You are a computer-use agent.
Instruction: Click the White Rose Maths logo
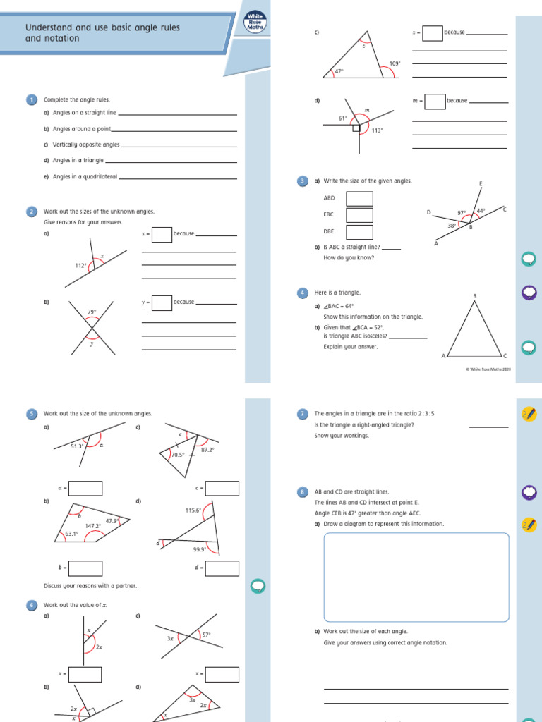pyautogui.click(x=253, y=23)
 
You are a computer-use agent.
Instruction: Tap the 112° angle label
pyautogui.click(x=80, y=266)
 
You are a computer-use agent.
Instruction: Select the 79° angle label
pyautogui.click(x=91, y=312)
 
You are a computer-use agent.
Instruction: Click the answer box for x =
pyautogui.click(x=162, y=234)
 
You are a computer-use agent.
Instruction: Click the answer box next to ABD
pyautogui.click(x=359, y=199)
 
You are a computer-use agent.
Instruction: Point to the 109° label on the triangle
pyautogui.click(x=395, y=63)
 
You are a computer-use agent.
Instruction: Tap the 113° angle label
pyautogui.click(x=377, y=130)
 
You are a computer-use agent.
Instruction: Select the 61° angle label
pyautogui.click(x=343, y=118)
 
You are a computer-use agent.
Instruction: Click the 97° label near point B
pyautogui.click(x=462, y=212)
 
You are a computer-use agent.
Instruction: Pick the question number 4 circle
pyautogui.click(x=303, y=293)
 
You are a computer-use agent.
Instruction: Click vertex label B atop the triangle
pyautogui.click(x=474, y=296)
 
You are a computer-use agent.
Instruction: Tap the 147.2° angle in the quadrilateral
pyautogui.click(x=92, y=526)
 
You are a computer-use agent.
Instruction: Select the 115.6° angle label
pyautogui.click(x=193, y=510)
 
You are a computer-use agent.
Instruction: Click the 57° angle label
pyautogui.click(x=206, y=635)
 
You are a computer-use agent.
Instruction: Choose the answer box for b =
pyautogui.click(x=85, y=568)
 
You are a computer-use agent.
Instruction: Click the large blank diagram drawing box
pyautogui.click(x=416, y=577)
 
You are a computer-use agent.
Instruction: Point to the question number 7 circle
pyautogui.click(x=303, y=414)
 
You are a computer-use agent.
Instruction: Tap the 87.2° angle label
pyautogui.click(x=207, y=450)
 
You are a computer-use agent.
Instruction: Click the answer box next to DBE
pyautogui.click(x=359, y=232)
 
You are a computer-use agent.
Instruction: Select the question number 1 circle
pyautogui.click(x=31, y=100)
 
